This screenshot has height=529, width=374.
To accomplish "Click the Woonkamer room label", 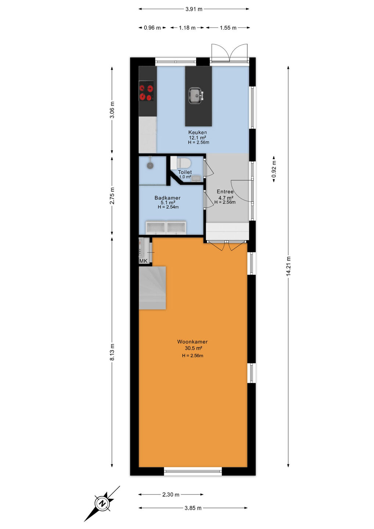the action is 193,342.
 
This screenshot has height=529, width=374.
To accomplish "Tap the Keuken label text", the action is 197,132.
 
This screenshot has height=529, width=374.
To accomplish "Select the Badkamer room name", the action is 168,198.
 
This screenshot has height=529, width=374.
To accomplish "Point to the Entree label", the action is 225,192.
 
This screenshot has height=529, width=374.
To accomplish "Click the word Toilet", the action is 185,172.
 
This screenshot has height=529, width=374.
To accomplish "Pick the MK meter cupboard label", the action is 143,261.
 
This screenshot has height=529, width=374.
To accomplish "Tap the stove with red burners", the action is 146,91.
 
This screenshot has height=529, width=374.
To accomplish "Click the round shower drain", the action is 150,166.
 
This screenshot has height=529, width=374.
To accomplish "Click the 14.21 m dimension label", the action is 288,266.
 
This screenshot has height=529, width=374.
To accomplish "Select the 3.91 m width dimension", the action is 194,9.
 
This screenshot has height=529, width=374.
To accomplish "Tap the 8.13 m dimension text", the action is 112,352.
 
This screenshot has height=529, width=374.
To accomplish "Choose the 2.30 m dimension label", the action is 171,494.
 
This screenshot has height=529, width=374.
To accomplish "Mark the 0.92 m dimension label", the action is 274,169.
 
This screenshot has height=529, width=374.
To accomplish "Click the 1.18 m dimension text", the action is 187,28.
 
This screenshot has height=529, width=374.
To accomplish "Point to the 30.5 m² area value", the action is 193,348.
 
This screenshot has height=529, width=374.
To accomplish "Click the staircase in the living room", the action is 152,288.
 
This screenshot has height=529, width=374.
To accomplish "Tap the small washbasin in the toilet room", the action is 197,178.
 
